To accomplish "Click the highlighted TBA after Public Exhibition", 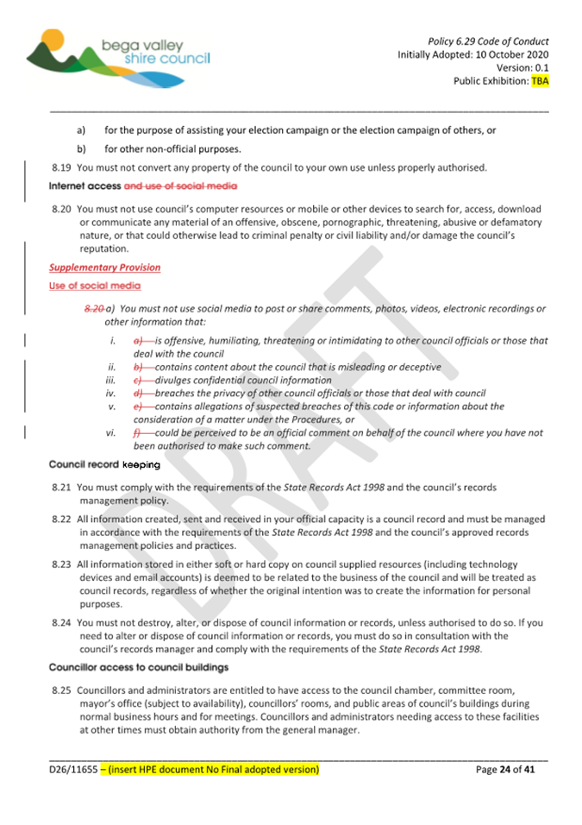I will (540, 81).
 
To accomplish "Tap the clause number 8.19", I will (60, 167).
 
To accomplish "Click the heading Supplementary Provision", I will (104, 268).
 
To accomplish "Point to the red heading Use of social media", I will (95, 286).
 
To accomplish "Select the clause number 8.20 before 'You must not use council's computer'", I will (60, 210).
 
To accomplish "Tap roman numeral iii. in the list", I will (110, 380).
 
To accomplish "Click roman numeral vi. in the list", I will (110, 433).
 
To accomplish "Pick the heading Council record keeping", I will (104, 465).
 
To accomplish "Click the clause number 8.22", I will (60, 520).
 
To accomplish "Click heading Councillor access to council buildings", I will (139, 668).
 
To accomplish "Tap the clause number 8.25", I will (60, 690).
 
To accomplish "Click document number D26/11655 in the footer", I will (72, 769).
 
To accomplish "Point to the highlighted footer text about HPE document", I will (210, 769).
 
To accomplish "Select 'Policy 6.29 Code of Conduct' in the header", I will (488, 41).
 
